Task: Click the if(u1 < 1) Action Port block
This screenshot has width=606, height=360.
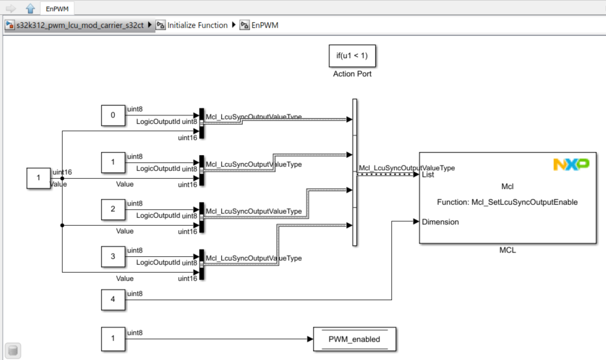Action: pos(352,56)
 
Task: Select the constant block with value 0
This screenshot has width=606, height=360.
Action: pos(113,115)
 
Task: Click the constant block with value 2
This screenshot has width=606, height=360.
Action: pos(113,209)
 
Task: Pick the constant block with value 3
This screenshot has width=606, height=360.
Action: pos(113,256)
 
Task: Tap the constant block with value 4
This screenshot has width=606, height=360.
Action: pos(113,300)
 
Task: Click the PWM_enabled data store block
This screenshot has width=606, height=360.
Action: pos(354,339)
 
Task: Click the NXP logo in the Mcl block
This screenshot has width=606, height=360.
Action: pos(571,164)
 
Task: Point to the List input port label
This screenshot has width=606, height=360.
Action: pos(429,175)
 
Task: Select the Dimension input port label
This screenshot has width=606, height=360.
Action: pos(440,222)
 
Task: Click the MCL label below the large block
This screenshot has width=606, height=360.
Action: pos(507,250)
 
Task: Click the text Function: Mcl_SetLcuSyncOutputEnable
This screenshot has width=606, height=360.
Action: pos(508,202)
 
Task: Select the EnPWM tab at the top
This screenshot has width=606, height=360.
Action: pos(57,8)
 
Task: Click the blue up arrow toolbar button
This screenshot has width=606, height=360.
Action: pos(30,8)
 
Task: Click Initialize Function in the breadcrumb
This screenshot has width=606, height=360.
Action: pos(197,25)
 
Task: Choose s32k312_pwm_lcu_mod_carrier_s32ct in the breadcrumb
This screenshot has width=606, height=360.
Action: pos(80,25)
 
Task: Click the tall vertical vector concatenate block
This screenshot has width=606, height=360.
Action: pos(355,172)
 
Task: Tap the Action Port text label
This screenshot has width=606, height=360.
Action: pos(352,74)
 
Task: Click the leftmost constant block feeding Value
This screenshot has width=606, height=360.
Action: pos(38,178)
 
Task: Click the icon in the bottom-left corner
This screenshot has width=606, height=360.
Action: pos(12,350)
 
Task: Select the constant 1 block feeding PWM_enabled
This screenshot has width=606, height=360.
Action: pos(113,339)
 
